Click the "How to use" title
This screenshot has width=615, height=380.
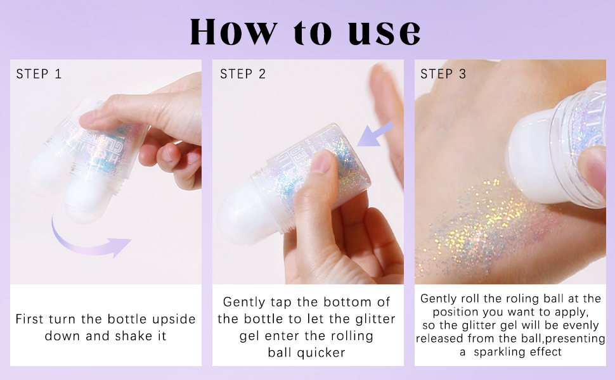click(x=306, y=31)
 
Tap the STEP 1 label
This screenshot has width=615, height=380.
click(x=39, y=73)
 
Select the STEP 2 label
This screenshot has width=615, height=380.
click(x=243, y=73)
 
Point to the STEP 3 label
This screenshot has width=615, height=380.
click(x=443, y=73)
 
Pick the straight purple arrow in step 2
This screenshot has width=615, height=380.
click(x=375, y=134)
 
